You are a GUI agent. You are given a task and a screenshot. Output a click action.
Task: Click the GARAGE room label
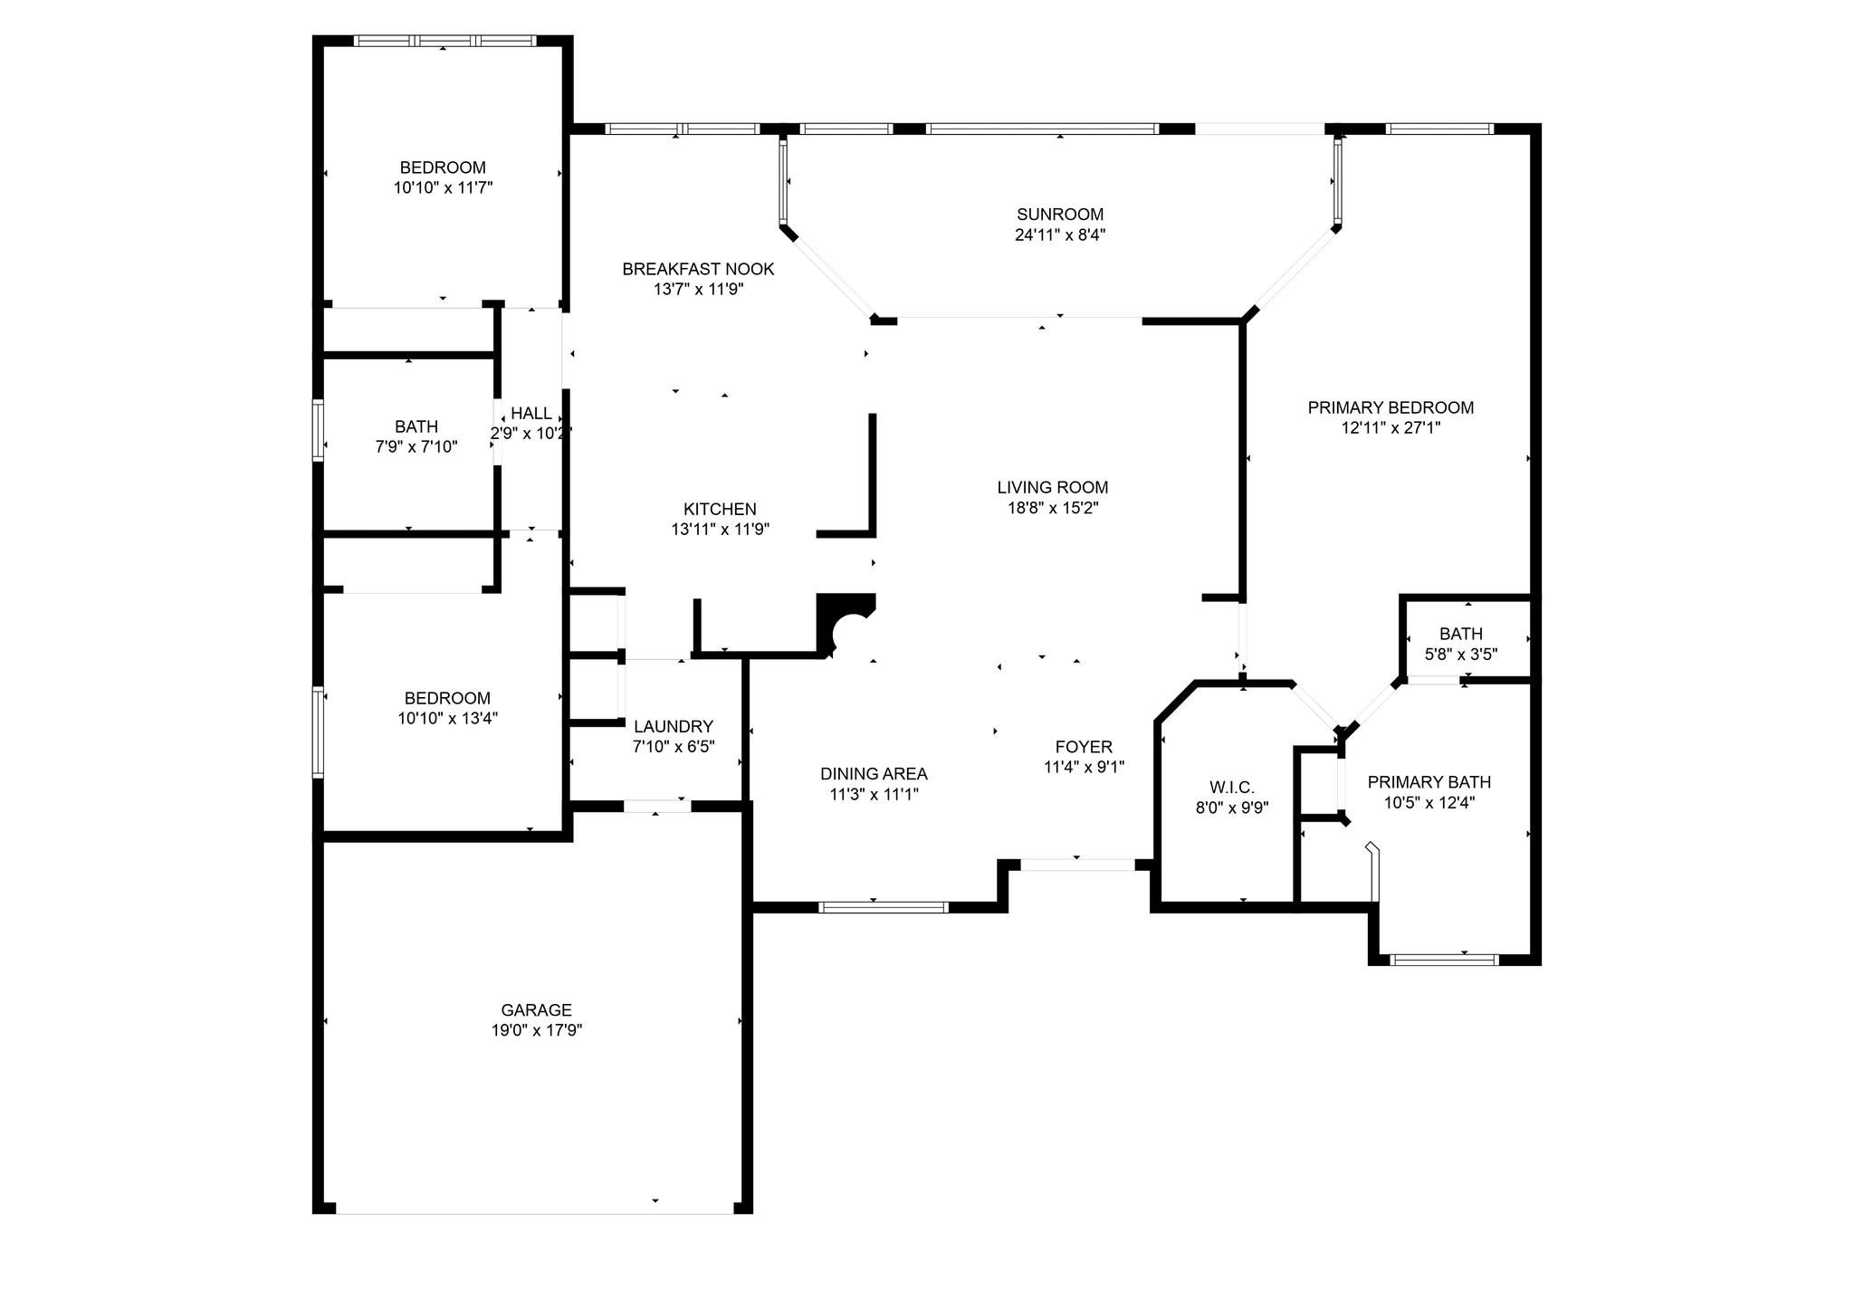pyautogui.click(x=536, y=1009)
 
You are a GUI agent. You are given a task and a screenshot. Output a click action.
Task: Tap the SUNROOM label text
pyautogui.click(x=1060, y=215)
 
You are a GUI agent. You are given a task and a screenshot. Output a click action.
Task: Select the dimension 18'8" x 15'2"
pyautogui.click(x=1053, y=508)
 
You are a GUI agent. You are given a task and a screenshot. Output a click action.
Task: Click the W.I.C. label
pyautogui.click(x=1232, y=788)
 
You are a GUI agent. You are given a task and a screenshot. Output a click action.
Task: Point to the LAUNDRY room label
pyautogui.click(x=674, y=726)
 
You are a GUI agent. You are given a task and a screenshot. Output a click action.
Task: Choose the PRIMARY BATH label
pyautogui.click(x=1429, y=782)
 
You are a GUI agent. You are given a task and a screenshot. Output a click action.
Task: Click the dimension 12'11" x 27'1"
pyautogui.click(x=1390, y=428)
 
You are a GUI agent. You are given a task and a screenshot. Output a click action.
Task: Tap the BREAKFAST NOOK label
pyautogui.click(x=698, y=269)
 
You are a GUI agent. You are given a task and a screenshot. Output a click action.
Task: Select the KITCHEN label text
pyautogui.click(x=720, y=509)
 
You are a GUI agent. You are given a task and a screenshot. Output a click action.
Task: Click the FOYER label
pyautogui.click(x=1084, y=747)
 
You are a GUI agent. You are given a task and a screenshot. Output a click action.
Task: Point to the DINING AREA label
pyautogui.click(x=874, y=774)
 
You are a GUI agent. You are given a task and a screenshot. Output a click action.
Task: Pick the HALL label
pyautogui.click(x=531, y=414)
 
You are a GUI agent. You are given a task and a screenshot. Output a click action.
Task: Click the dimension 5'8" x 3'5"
pyautogui.click(x=1461, y=654)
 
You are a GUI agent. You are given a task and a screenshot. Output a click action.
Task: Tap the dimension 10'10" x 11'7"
pyautogui.click(x=443, y=188)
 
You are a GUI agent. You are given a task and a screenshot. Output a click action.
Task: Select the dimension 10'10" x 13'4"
pyautogui.click(x=447, y=719)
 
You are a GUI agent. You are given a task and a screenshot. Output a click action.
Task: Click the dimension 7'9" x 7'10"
pyautogui.click(x=416, y=447)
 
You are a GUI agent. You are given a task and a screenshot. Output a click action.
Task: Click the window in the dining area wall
pyautogui.click(x=884, y=907)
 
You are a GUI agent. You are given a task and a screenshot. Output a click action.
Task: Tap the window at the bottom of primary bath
pyautogui.click(x=1444, y=960)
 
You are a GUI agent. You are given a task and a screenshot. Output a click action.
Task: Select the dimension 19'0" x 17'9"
pyautogui.click(x=536, y=1030)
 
